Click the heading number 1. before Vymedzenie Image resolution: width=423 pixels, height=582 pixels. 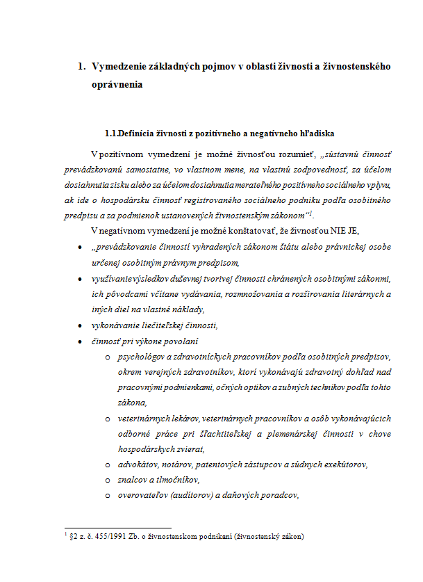[80, 67]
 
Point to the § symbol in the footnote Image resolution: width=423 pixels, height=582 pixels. [72, 537]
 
